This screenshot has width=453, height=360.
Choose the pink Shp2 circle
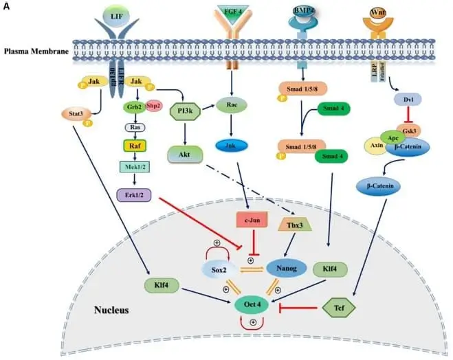(153, 106)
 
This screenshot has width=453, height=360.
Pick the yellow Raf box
(133, 145)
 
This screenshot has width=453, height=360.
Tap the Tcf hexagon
(338, 311)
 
